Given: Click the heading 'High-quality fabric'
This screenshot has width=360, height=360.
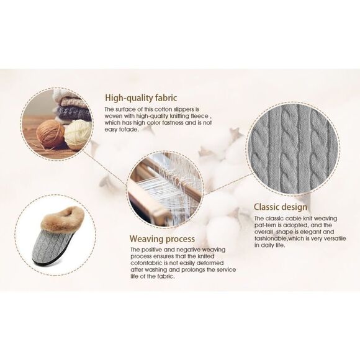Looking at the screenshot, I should click(x=141, y=97).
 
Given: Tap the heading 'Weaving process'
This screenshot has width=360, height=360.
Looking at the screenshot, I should click(x=162, y=238).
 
